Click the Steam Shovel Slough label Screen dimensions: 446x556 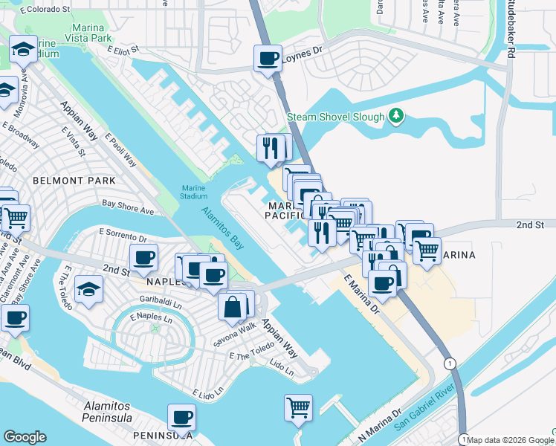click(x=336, y=117)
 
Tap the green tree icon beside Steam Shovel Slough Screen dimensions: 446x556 click(x=398, y=116)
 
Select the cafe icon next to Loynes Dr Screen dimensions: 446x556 click(x=268, y=58)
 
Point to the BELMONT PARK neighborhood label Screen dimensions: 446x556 click(x=74, y=181)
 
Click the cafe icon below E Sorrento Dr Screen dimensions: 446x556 click(x=143, y=259)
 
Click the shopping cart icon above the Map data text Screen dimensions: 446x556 click(x=298, y=407)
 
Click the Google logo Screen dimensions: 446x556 click(x=25, y=436)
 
